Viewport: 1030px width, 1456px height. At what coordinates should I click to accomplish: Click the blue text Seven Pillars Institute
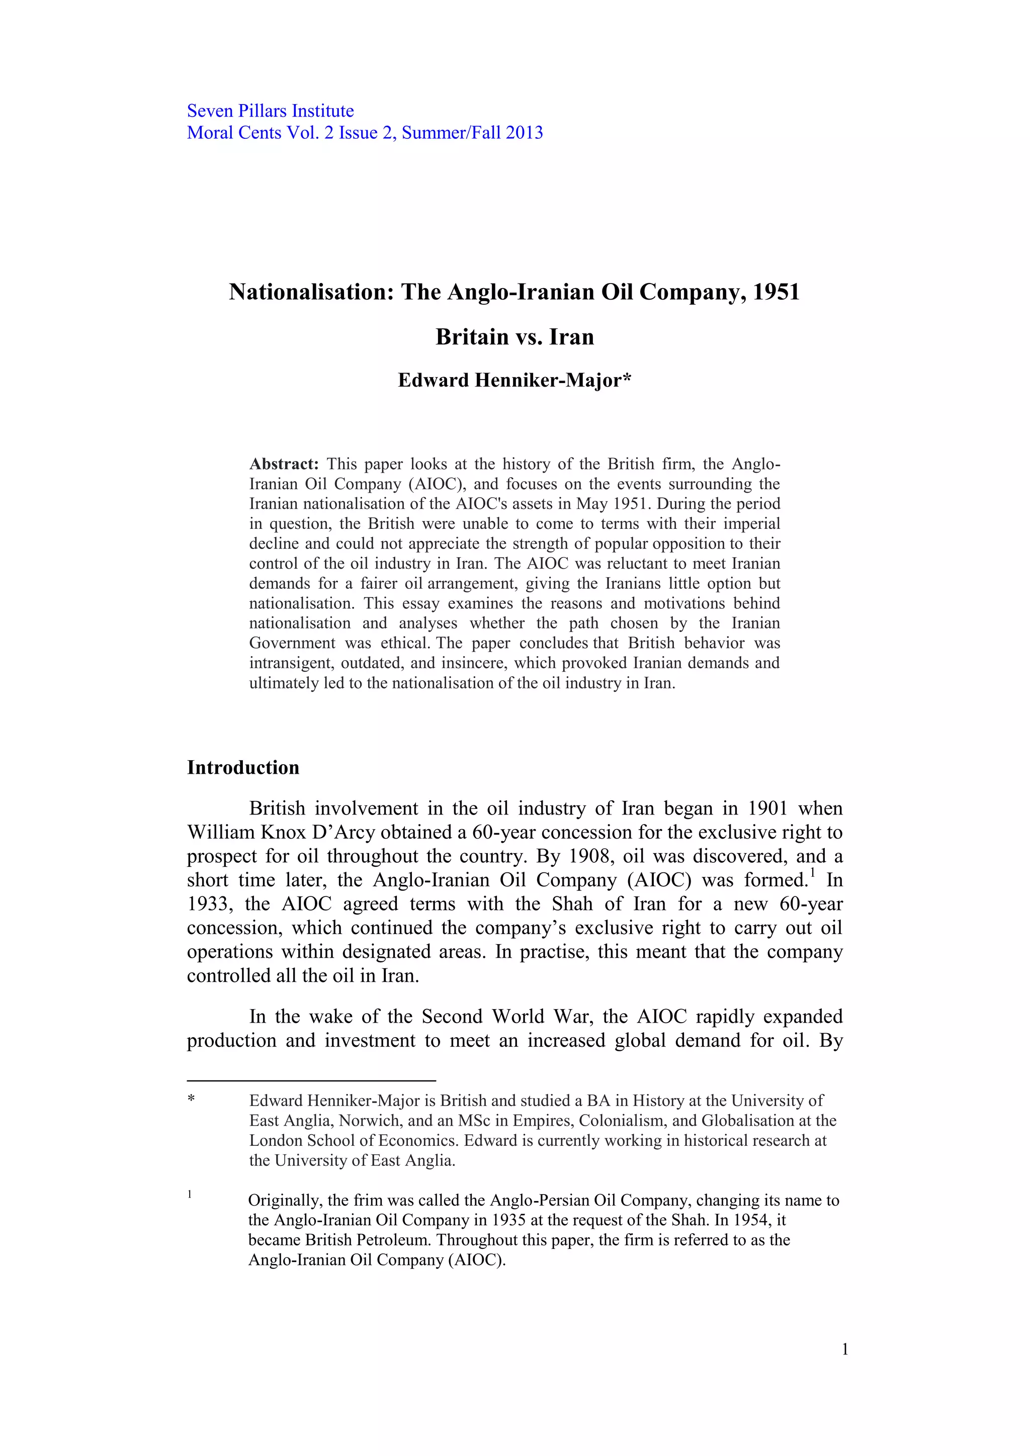270,111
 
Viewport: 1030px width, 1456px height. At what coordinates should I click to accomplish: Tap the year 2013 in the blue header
524,133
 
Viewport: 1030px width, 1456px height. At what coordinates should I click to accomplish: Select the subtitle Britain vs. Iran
514,337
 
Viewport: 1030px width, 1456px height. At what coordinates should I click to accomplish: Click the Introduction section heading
243,767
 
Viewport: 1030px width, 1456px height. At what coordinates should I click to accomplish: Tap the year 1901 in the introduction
767,808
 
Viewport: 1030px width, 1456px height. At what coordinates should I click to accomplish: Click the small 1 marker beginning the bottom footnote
190,1195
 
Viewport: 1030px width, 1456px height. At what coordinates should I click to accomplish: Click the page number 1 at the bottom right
845,1349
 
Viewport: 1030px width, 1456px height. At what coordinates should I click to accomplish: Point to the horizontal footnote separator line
311,1080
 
